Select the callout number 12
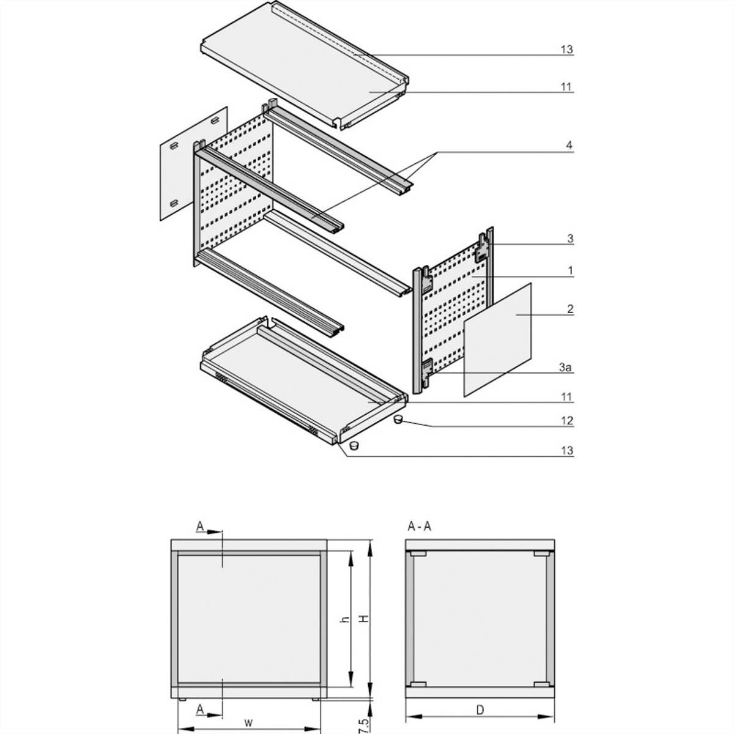(x=568, y=421)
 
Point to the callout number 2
(x=570, y=310)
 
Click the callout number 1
(x=570, y=270)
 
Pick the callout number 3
(x=570, y=239)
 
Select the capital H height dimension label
(x=363, y=619)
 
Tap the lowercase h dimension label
(x=344, y=619)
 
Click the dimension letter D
(x=480, y=710)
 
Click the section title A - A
(x=419, y=527)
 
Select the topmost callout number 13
(x=567, y=50)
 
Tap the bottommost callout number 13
(x=567, y=450)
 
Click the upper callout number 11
(x=567, y=87)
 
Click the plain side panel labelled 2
(x=499, y=339)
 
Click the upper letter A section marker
(x=199, y=526)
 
